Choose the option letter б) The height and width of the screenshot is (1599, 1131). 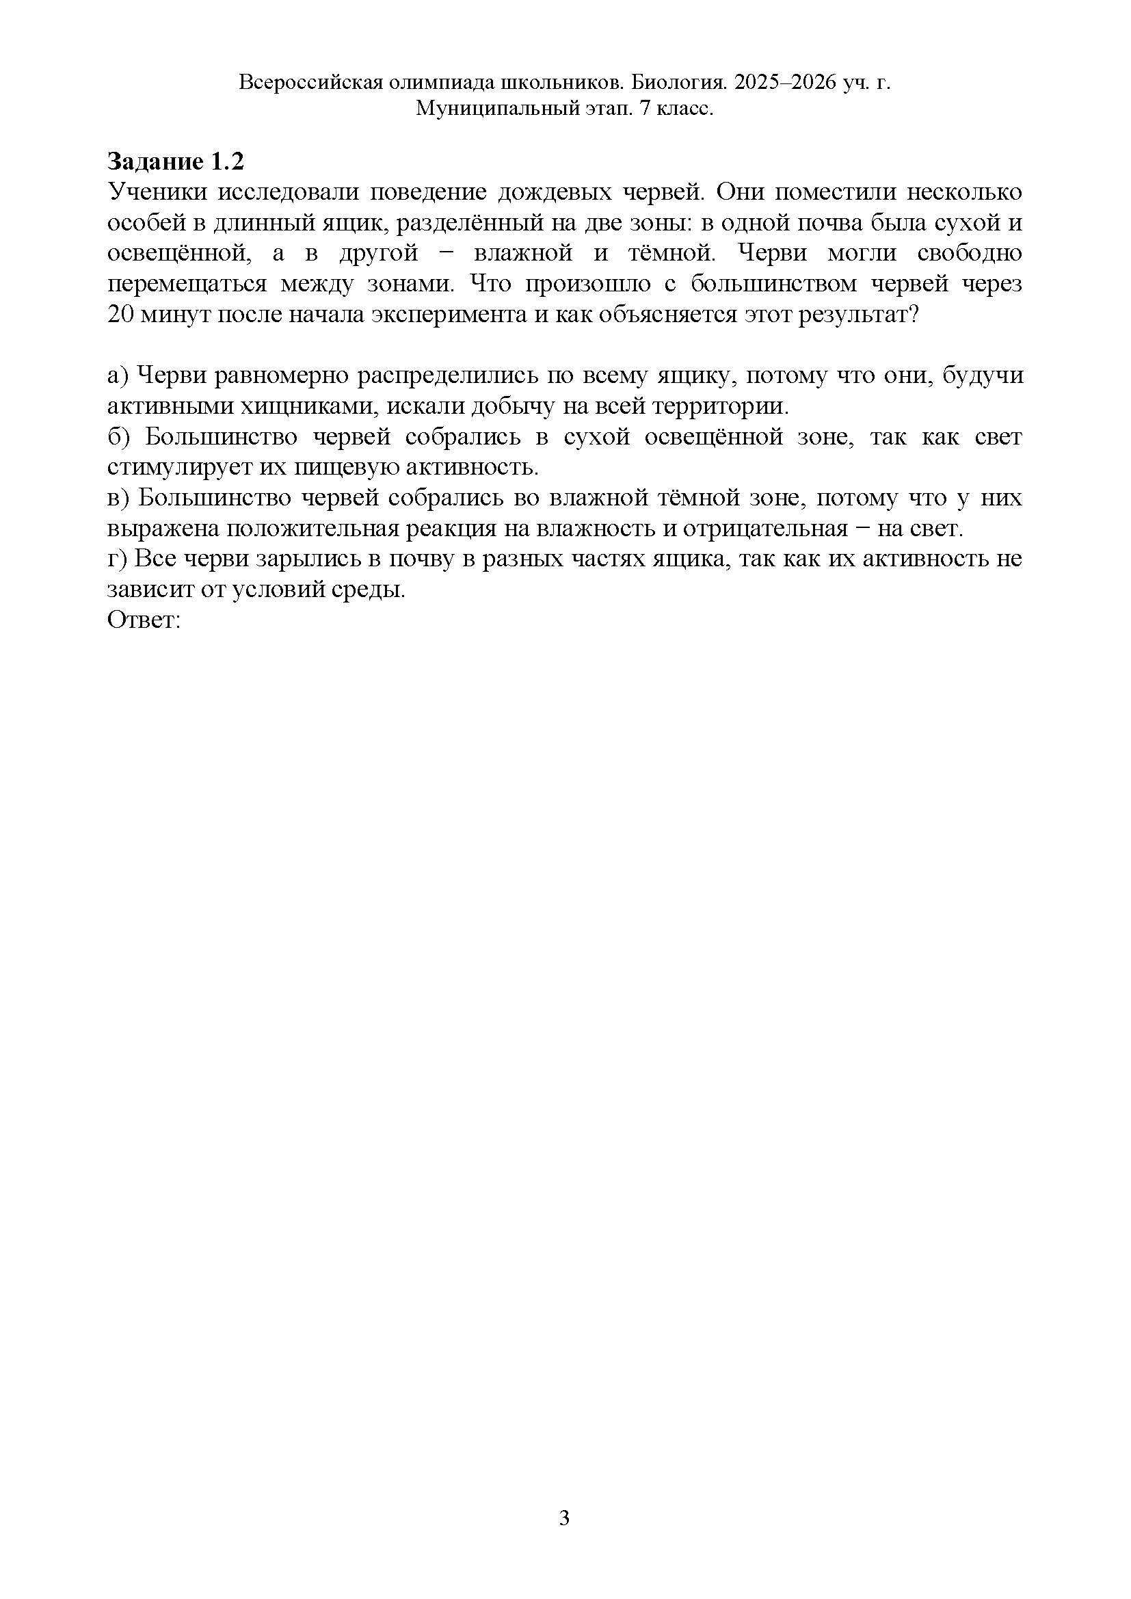coord(119,437)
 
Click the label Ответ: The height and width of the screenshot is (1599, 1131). coord(144,620)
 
